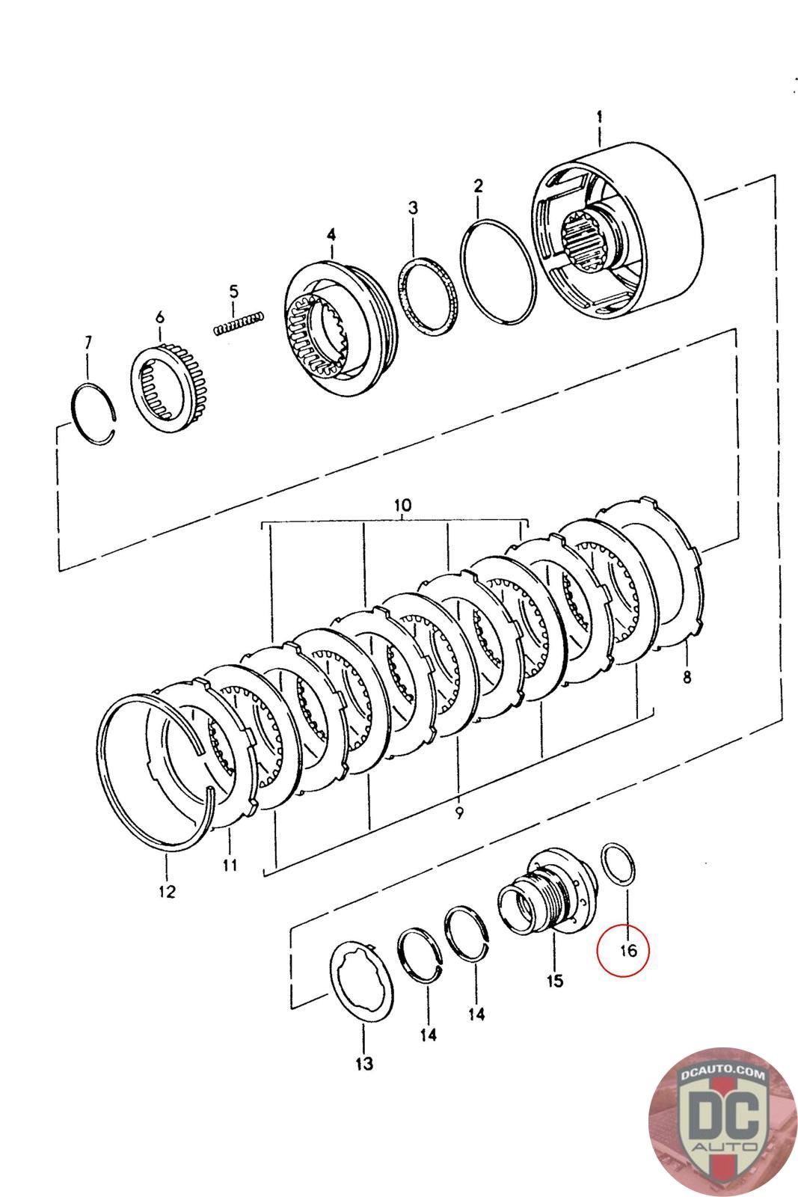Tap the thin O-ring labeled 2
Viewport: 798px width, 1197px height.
499,272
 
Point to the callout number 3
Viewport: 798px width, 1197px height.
413,207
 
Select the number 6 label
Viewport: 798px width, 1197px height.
159,317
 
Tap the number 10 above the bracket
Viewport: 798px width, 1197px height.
402,505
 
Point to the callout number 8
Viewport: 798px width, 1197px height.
687,678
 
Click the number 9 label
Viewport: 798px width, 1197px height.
458,812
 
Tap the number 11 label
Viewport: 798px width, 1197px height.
230,865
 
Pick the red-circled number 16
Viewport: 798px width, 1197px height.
624,950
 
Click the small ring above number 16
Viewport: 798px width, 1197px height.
620,866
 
